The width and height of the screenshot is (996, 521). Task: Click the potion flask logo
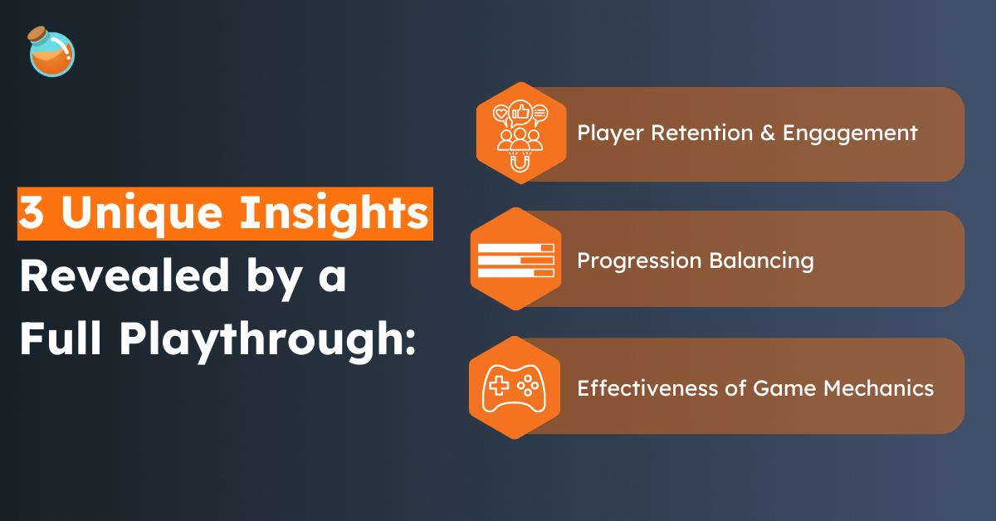point(51,52)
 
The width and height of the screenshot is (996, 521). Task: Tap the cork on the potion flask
point(37,35)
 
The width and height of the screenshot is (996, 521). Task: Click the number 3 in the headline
point(32,215)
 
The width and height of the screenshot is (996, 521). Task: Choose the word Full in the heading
point(63,340)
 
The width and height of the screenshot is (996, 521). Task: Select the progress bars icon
point(515,260)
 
